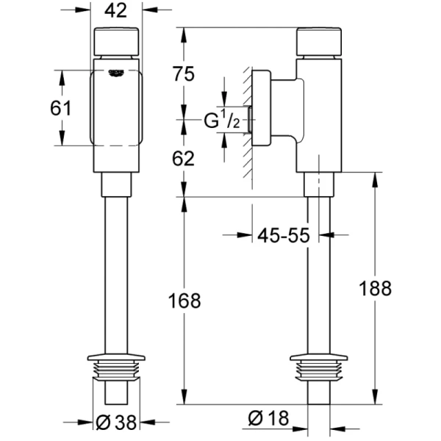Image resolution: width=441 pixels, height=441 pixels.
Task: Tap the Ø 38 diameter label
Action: (115, 422)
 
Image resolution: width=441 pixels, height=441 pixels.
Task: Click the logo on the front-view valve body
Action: (116, 72)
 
